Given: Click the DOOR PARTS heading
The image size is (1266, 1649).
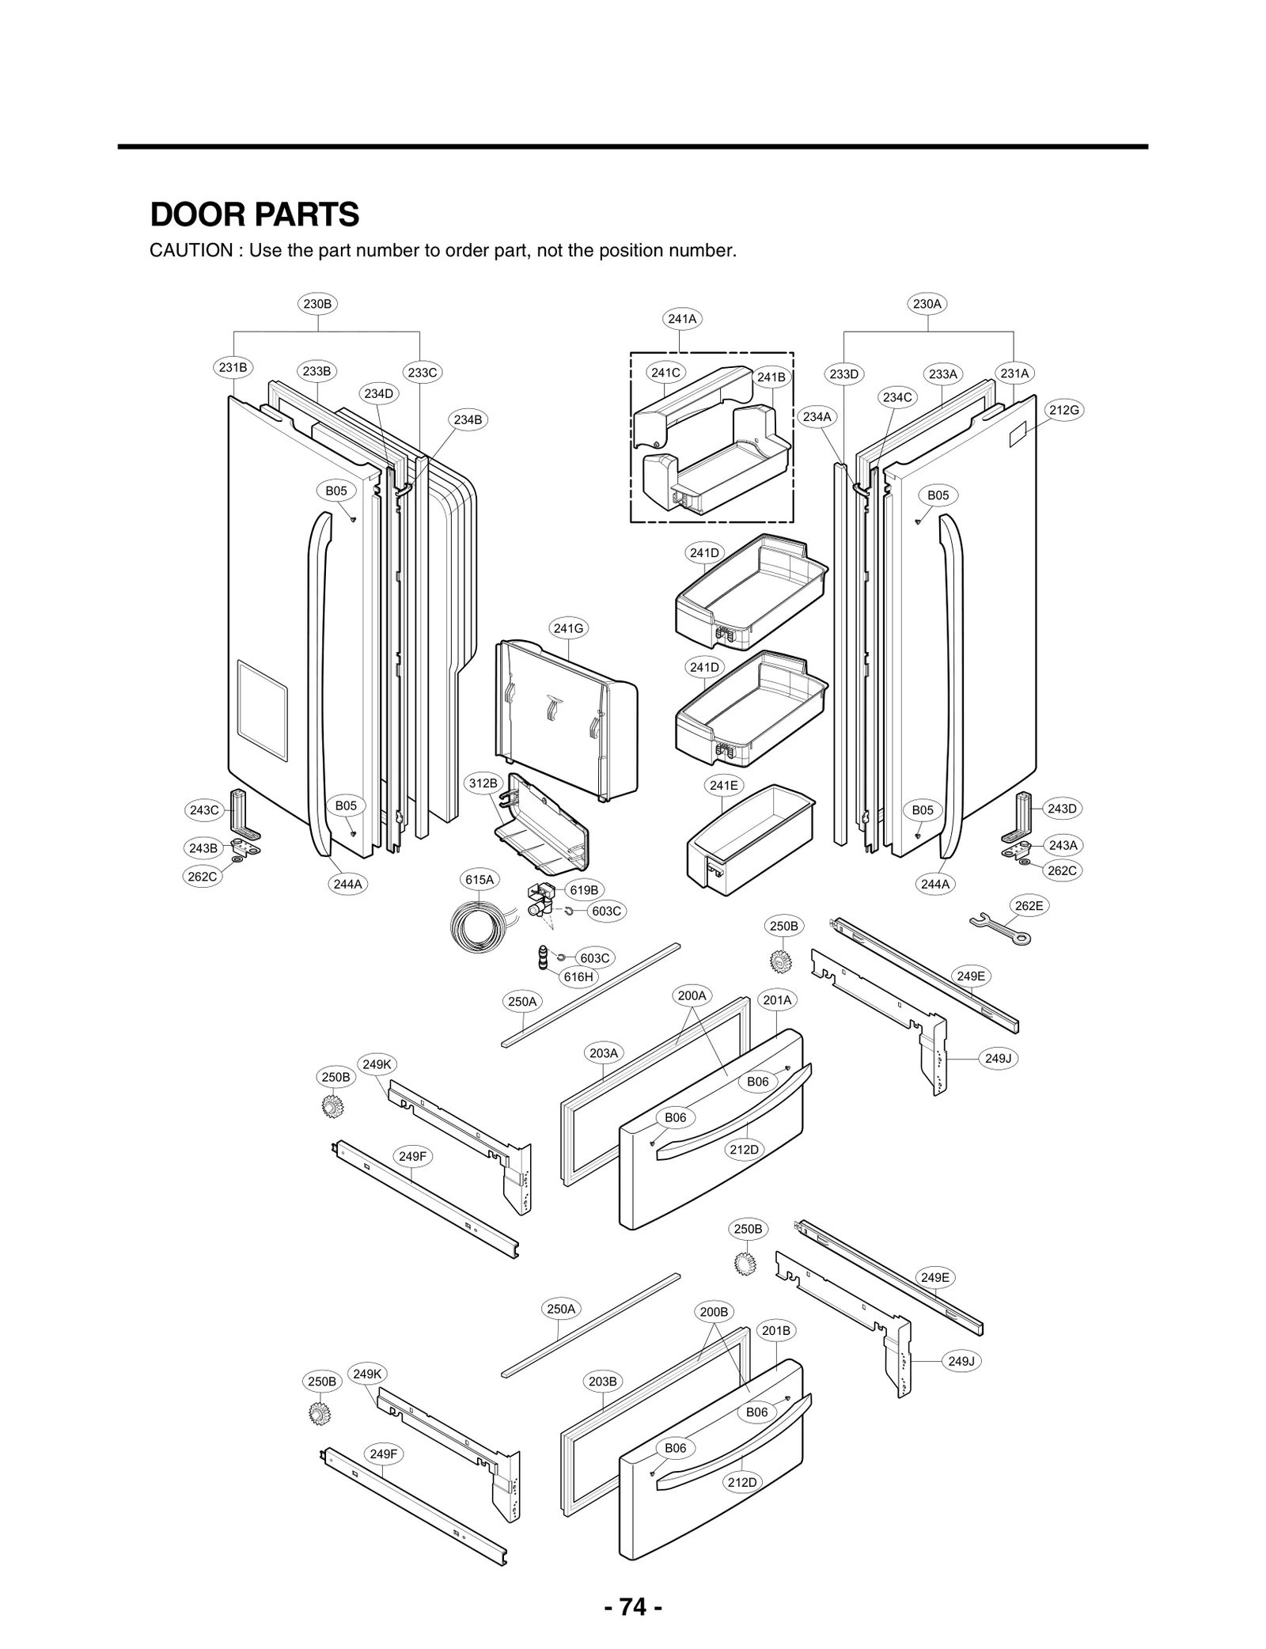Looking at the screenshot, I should [x=254, y=214].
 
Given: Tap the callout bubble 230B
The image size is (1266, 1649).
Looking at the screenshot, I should [x=318, y=304].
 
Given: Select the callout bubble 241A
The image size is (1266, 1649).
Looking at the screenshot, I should [x=682, y=319].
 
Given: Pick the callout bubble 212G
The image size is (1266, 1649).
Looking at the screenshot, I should [x=1063, y=410].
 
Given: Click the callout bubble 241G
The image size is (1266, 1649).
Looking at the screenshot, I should [x=569, y=628].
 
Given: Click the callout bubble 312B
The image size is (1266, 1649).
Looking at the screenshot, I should [x=483, y=783].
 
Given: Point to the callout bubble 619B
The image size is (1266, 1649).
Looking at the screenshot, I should [x=584, y=890].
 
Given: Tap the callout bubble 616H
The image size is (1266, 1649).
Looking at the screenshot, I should [x=578, y=977].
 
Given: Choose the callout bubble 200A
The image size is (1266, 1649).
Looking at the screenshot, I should [x=692, y=995].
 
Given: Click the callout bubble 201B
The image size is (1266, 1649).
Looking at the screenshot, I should [x=776, y=1331].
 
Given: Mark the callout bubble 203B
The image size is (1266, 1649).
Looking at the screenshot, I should [x=603, y=1382].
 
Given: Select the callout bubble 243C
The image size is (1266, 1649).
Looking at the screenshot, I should [x=204, y=810].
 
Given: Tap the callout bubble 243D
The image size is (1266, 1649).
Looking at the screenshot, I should [x=1062, y=809].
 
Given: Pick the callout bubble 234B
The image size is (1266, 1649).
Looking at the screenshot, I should [x=468, y=420].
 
